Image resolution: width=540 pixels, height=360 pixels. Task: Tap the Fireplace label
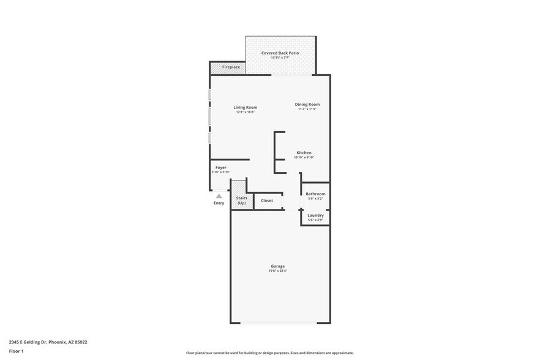pyautogui.click(x=231, y=67)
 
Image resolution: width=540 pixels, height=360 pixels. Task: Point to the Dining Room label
pyautogui.click(x=308, y=104)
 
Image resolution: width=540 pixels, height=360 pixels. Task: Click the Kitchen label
pyautogui.click(x=304, y=152)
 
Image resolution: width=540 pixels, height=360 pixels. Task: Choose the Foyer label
pyautogui.click(x=220, y=168)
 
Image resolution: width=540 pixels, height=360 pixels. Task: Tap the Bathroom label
pyautogui.click(x=315, y=194)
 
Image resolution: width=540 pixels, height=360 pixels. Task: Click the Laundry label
pyautogui.click(x=315, y=216)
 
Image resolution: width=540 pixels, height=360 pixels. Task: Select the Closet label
pyautogui.click(x=267, y=201)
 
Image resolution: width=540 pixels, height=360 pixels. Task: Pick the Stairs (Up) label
pyautogui.click(x=241, y=200)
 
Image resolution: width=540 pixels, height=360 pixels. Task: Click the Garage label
pyautogui.click(x=277, y=266)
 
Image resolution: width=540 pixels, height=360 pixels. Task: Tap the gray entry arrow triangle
pyautogui.click(x=219, y=196)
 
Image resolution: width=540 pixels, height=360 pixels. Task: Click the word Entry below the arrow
pyautogui.click(x=219, y=203)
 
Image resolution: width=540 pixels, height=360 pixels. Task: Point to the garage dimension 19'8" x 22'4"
pyautogui.click(x=277, y=271)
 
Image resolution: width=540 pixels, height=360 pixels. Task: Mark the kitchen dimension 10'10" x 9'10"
pyautogui.click(x=304, y=157)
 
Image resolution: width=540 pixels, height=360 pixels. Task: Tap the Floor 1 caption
pyautogui.click(x=16, y=351)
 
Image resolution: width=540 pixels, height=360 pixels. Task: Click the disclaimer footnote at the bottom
pyautogui.click(x=269, y=353)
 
